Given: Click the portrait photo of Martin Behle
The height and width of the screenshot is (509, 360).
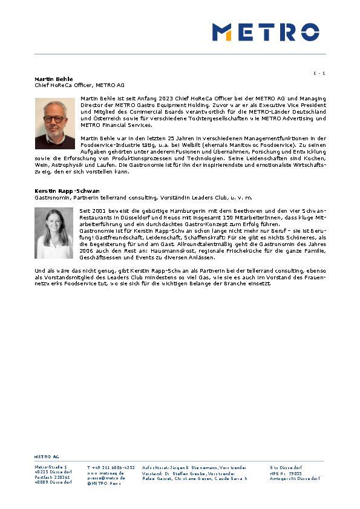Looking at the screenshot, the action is (54, 124).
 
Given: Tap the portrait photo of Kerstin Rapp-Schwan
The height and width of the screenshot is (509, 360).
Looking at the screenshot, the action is (54, 233).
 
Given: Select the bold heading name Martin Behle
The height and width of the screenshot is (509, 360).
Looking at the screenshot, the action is (53, 79).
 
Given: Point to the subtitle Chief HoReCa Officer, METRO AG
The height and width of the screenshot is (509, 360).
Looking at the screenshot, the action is (79, 85).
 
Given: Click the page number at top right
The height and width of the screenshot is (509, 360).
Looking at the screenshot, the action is (319, 73).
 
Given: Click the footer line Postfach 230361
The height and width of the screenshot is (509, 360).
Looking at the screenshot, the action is (52, 478).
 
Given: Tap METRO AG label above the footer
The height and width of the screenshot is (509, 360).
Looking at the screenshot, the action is (47, 457).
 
